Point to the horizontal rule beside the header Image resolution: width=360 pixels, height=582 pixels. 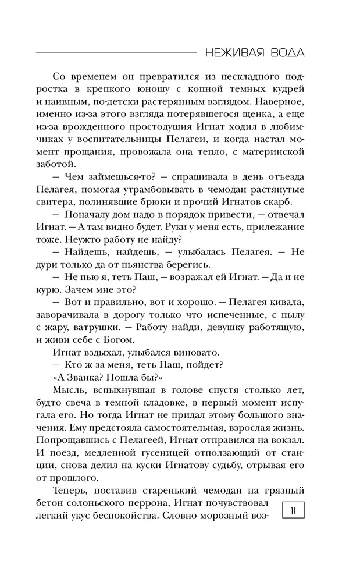coord(116,53)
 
